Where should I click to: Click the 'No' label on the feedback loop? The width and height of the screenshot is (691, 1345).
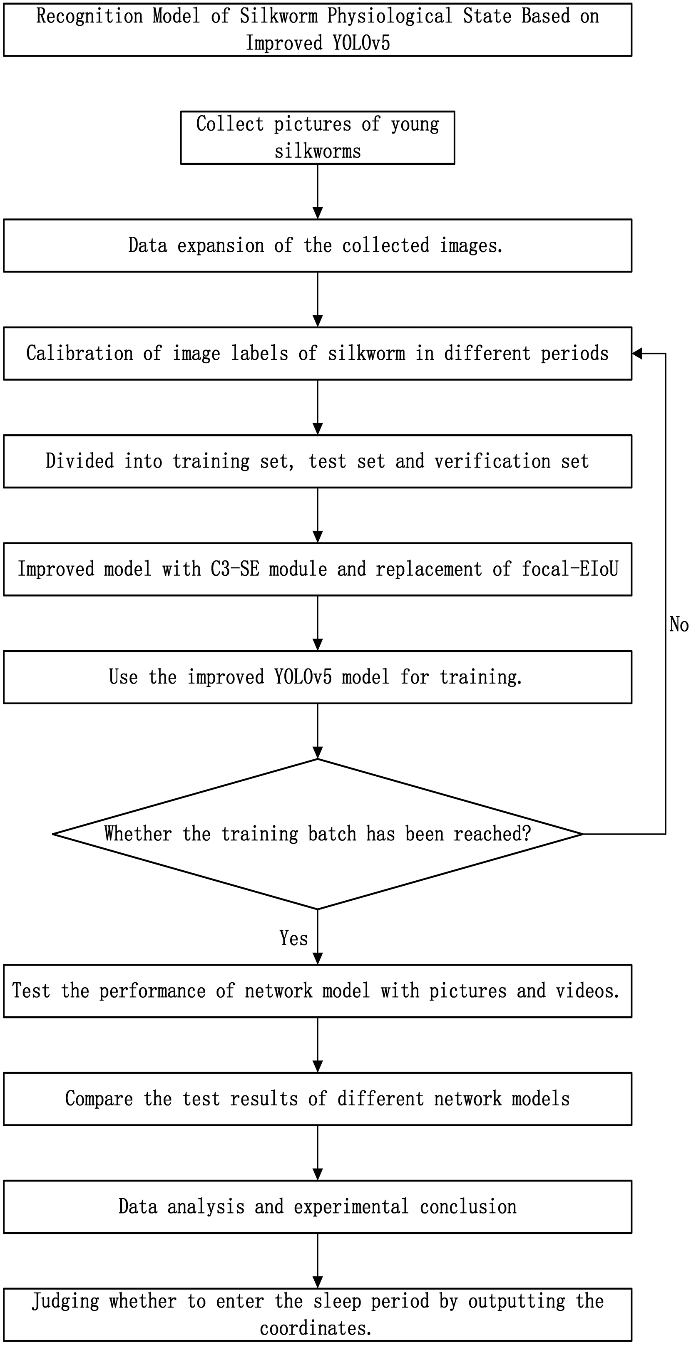pyautogui.click(x=679, y=624)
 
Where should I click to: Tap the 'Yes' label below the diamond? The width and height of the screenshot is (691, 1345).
pyautogui.click(x=293, y=938)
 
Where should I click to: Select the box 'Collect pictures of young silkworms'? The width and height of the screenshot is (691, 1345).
pyautogui.click(x=318, y=137)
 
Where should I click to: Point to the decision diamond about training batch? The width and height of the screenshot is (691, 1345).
pyautogui.click(x=318, y=834)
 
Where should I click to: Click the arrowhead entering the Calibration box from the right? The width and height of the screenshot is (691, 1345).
pyautogui.click(x=637, y=354)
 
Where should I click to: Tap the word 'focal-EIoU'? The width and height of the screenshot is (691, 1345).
pyautogui.click(x=570, y=569)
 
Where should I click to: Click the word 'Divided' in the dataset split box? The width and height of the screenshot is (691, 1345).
pyautogui.click(x=80, y=461)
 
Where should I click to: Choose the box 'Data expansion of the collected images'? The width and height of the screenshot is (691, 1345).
pyautogui.click(x=318, y=245)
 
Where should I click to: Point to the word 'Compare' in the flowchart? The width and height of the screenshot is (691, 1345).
pyautogui.click(x=99, y=1099)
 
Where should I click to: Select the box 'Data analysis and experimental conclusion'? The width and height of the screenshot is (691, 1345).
pyautogui.click(x=318, y=1206)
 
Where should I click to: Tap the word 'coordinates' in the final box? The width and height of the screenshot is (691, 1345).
pyautogui.click(x=316, y=1328)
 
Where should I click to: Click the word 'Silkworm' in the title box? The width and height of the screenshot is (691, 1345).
pyautogui.click(x=278, y=16)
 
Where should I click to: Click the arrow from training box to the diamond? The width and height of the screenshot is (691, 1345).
pyautogui.click(x=318, y=731)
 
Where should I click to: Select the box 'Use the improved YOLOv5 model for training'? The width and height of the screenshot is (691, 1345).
pyautogui.click(x=318, y=677)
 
